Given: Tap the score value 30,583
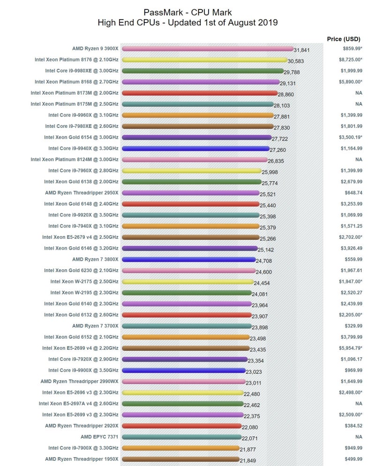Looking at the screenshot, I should coord(297,61).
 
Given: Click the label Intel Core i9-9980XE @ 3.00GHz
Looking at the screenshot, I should coord(82,71).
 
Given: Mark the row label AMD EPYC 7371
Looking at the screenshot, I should coord(99,436).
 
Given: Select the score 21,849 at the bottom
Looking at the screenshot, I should coord(248,461).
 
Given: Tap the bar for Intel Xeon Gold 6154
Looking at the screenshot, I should coord(196,137).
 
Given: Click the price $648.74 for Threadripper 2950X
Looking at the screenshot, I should coord(353,192).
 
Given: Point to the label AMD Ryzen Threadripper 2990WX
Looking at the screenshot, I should coord(79,381).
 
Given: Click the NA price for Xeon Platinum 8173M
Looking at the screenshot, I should coord(359,93).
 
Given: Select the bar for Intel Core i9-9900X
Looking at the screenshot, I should coord(183,370).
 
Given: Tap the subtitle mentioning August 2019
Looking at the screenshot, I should coord(187,22).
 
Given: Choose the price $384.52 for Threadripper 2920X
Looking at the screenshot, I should coord(353,426).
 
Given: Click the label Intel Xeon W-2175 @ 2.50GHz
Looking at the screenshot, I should coord(84,281).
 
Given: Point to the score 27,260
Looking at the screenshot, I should coord(278,150).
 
